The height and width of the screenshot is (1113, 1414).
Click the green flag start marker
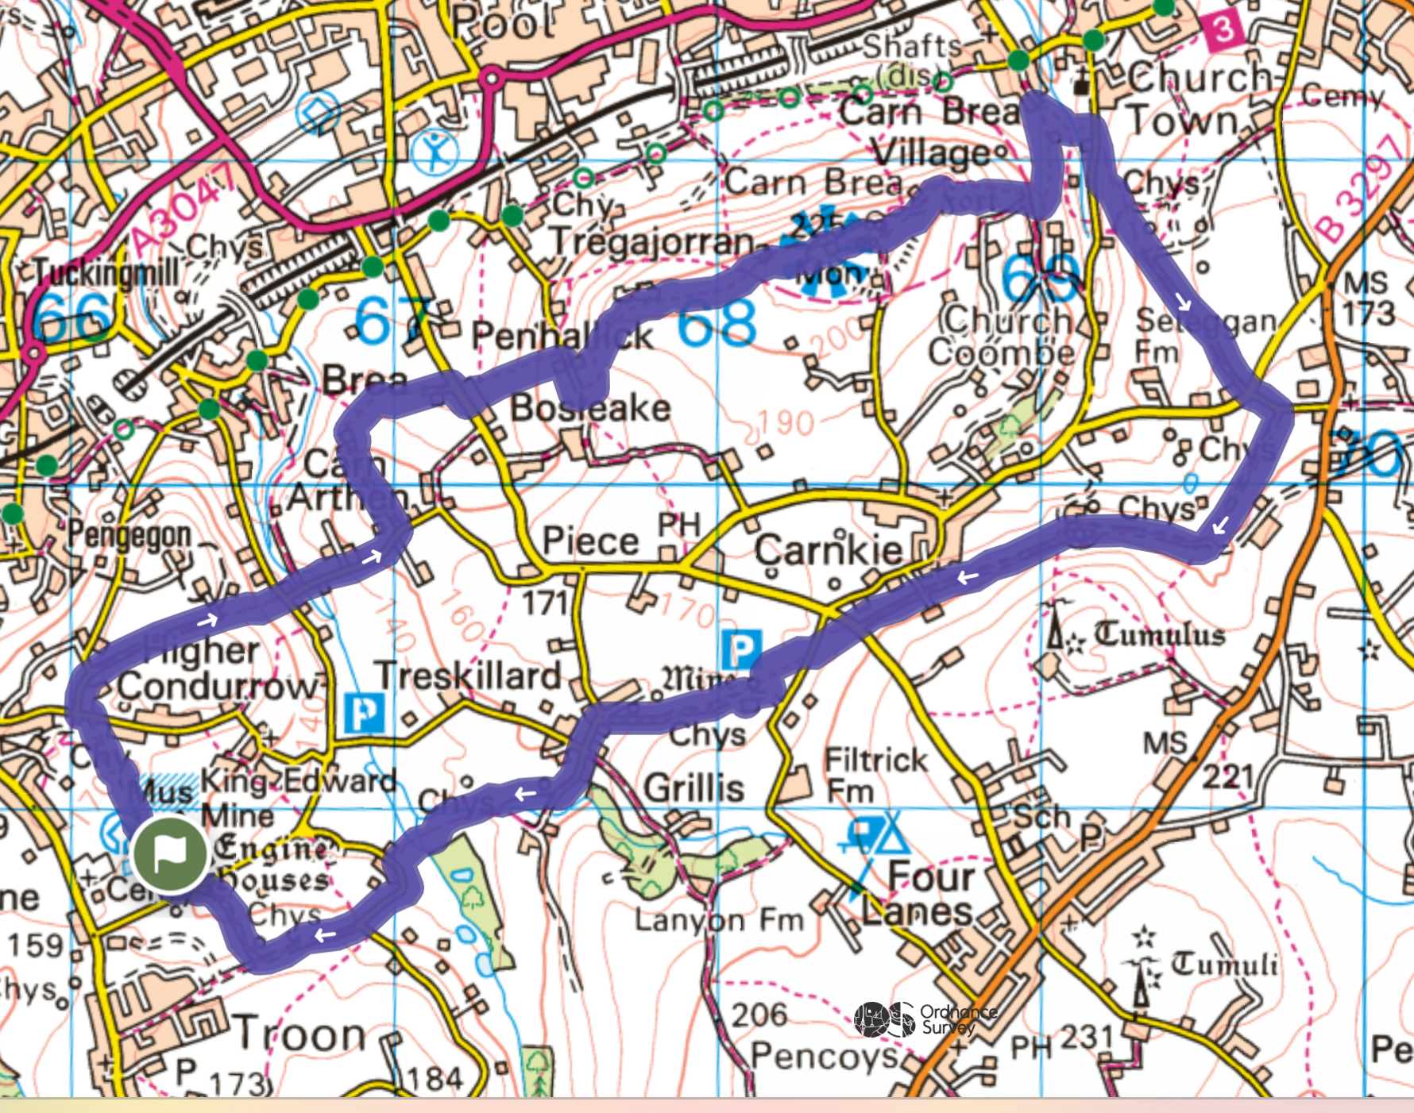pyautogui.click(x=170, y=854)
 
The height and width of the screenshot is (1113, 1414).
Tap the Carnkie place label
pyautogui.click(x=828, y=549)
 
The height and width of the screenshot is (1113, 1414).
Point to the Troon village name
pyautogui.click(x=300, y=1035)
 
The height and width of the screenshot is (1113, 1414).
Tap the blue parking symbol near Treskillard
pyautogui.click(x=365, y=713)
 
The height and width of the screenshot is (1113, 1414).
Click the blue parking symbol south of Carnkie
pyautogui.click(x=741, y=650)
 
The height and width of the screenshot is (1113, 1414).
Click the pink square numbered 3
pyautogui.click(x=1223, y=31)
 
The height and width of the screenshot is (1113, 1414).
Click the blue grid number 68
pyautogui.click(x=717, y=325)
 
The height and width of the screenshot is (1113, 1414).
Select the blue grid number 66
pyautogui.click(x=71, y=316)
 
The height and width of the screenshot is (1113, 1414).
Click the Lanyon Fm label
pyautogui.click(x=718, y=920)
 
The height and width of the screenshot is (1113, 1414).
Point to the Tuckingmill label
pyautogui.click(x=106, y=273)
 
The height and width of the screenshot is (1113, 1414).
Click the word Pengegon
pyautogui.click(x=129, y=535)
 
